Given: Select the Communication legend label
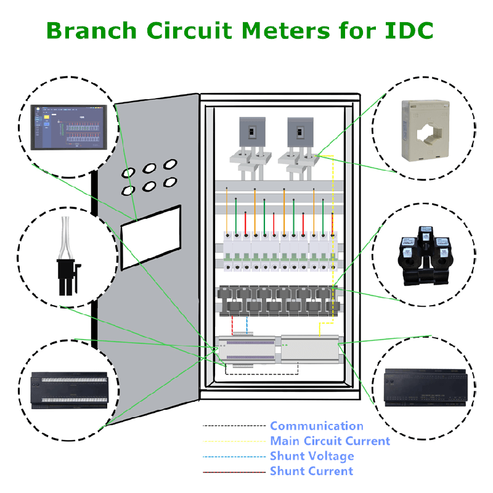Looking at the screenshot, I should [x=316, y=426].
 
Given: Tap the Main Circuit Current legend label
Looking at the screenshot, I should [x=330, y=441].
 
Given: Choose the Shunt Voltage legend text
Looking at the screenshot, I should [x=312, y=456].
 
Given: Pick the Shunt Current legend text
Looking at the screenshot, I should [x=311, y=471].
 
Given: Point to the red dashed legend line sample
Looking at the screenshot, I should [x=235, y=471].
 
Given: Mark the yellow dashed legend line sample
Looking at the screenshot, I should [x=235, y=441].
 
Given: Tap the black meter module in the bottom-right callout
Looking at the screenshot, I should [x=425, y=387].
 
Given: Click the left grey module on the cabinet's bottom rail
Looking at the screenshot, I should [x=246, y=348].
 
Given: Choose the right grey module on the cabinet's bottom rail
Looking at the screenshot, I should [x=310, y=347].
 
